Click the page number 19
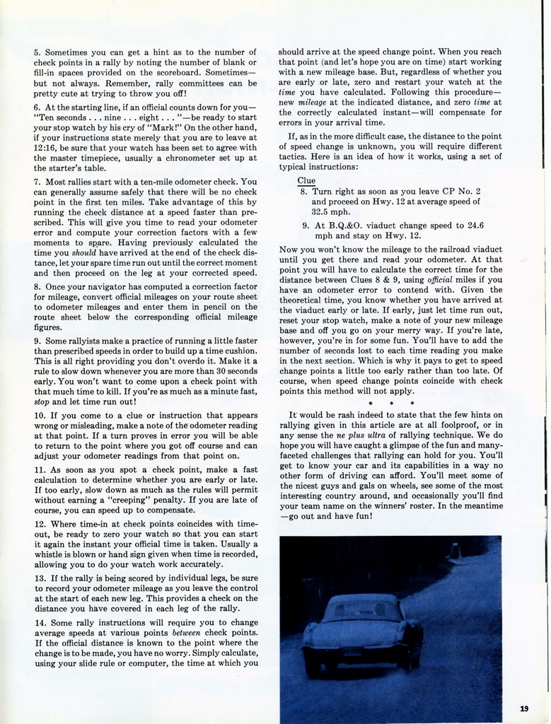pos(524,708)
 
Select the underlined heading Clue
pos(306,180)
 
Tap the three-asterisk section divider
pos(391,404)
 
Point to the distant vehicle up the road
pos(456,549)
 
